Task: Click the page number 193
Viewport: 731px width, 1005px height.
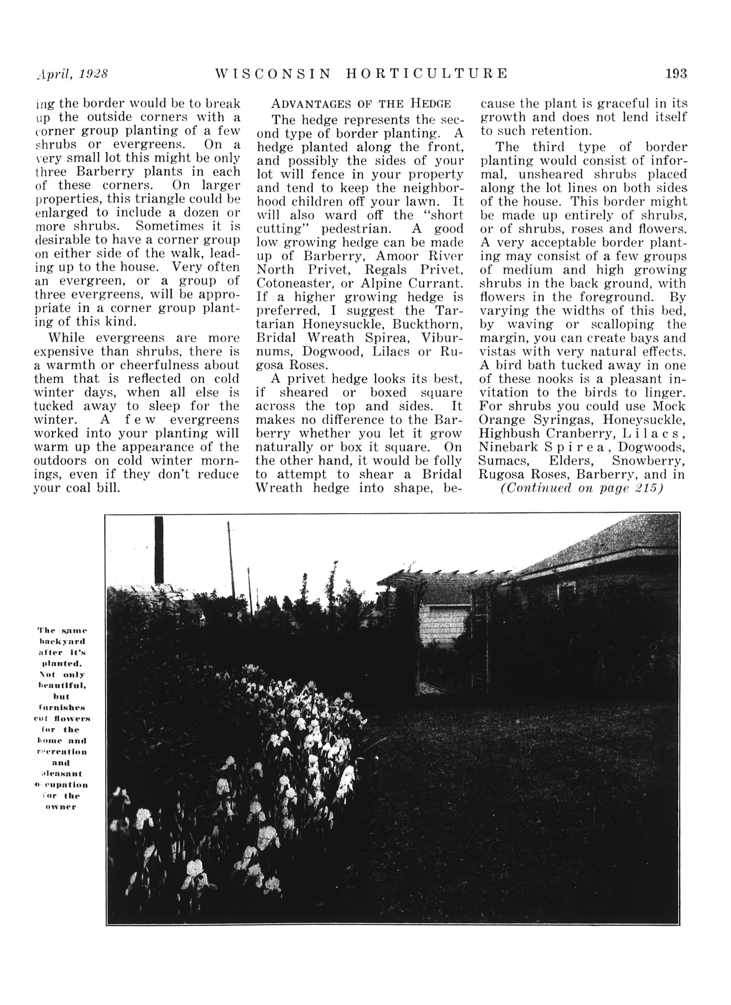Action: pyautogui.click(x=676, y=73)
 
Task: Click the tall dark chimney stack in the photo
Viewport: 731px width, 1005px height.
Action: pyautogui.click(x=159, y=549)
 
